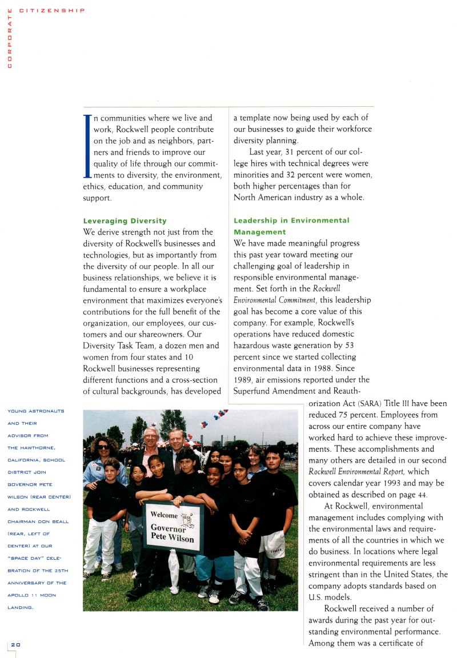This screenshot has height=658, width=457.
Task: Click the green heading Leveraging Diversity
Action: click(x=125, y=220)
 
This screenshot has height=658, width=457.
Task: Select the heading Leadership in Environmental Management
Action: click(x=291, y=226)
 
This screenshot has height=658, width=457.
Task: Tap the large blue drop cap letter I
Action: click(x=87, y=145)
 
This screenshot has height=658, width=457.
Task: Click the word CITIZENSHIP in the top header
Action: click(x=52, y=10)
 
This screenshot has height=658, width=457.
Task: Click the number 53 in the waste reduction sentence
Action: click(x=349, y=346)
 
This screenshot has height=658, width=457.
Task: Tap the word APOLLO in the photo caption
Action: click(x=21, y=595)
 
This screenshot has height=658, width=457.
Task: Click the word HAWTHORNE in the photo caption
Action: click(x=49, y=447)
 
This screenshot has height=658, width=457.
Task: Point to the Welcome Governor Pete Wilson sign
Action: click(x=173, y=527)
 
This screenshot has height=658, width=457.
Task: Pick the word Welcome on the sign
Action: click(x=163, y=515)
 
